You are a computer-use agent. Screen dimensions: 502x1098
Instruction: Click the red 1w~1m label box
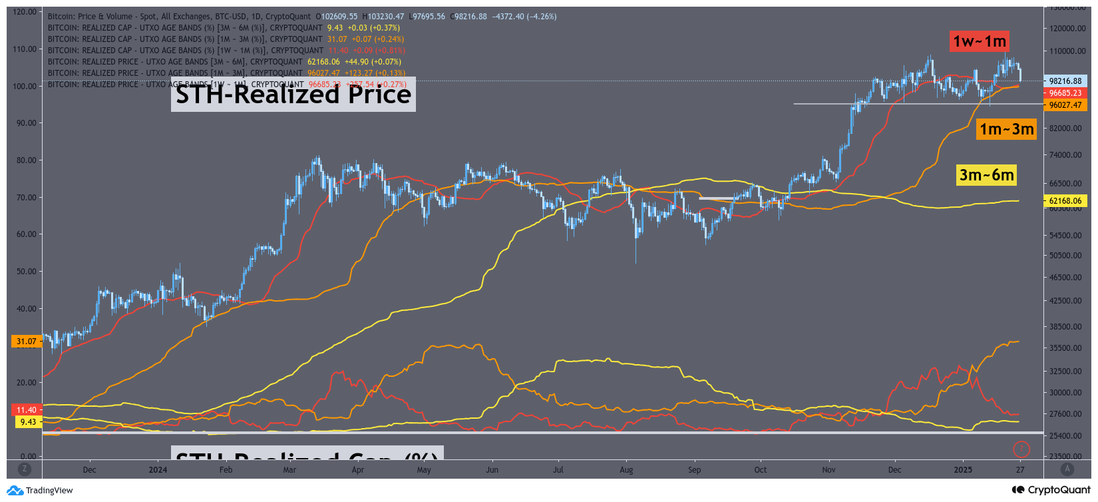tap(980, 41)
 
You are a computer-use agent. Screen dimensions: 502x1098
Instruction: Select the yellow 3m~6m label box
tap(986, 175)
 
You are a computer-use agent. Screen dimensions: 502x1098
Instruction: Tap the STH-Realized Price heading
tap(293, 95)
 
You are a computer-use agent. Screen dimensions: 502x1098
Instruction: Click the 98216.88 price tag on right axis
tap(1065, 81)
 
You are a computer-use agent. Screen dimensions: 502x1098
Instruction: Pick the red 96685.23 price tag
tap(1065, 93)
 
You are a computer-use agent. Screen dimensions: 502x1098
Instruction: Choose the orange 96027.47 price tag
tap(1065, 105)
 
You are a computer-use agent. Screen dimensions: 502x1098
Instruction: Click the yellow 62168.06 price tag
tap(1065, 201)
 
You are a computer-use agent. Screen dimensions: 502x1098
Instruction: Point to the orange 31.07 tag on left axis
tap(27, 342)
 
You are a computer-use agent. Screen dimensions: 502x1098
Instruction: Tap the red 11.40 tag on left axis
tap(27, 410)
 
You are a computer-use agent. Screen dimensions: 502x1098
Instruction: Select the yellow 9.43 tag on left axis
tap(28, 422)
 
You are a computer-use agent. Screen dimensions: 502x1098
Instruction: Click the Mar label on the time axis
tap(289, 470)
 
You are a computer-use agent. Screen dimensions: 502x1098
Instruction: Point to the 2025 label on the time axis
tap(963, 470)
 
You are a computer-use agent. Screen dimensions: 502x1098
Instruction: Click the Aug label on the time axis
tap(626, 470)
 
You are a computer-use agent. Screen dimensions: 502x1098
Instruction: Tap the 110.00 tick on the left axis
tap(25, 49)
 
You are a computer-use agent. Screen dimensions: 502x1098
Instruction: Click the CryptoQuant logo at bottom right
tap(1051, 490)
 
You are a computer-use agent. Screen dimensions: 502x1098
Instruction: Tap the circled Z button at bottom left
tap(25, 469)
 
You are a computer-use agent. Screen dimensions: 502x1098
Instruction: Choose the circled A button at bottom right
tap(1067, 469)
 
